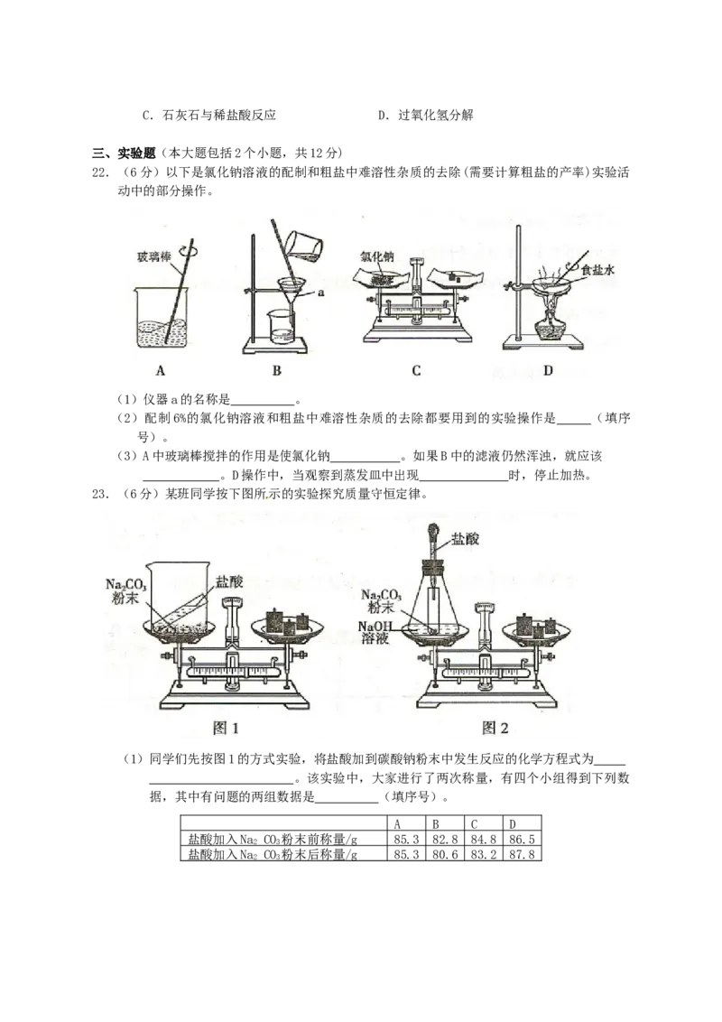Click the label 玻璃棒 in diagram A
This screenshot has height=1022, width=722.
click(153, 256)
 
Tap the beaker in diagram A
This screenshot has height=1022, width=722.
click(162, 318)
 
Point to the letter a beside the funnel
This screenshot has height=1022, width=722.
click(320, 293)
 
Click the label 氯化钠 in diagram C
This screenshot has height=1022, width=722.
click(377, 256)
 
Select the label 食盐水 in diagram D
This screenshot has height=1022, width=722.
click(598, 270)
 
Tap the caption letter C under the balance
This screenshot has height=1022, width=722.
click(416, 370)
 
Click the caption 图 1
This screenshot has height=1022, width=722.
click(227, 728)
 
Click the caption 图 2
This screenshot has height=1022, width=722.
click(495, 728)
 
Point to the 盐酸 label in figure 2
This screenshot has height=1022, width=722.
click(466, 538)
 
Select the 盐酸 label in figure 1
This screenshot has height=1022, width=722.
click(229, 581)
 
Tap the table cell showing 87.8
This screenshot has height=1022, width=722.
click(522, 854)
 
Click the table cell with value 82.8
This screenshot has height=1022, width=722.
click(445, 840)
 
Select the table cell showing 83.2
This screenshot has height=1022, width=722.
click(484, 854)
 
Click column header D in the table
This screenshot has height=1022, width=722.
click(513, 824)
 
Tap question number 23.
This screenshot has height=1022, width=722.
click(100, 494)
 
